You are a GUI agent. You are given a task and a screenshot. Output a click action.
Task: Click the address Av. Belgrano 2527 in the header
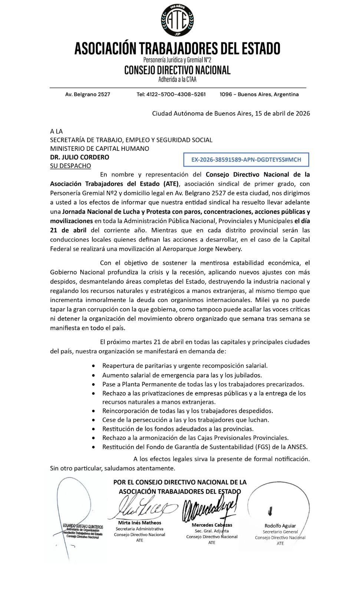pos(87,95)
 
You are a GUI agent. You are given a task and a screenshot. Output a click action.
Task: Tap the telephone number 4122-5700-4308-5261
pos(171,95)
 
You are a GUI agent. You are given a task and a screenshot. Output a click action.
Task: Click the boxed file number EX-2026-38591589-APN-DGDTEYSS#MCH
pos(246,160)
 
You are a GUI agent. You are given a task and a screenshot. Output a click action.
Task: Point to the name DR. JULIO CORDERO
pos(80,157)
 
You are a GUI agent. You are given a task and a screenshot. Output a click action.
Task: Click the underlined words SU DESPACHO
pos(70,166)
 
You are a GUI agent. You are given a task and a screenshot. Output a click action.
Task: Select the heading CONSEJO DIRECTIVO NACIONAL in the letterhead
pos(177,70)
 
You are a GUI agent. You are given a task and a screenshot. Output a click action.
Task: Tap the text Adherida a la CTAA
pos(177,79)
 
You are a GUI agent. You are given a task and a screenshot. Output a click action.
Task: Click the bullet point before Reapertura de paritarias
pos(93,366)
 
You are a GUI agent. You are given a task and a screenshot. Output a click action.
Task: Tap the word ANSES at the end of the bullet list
pos(298,447)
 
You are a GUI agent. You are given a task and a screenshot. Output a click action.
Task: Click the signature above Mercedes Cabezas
pos(208,509)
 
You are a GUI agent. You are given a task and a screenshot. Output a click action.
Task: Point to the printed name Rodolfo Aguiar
pos(280,526)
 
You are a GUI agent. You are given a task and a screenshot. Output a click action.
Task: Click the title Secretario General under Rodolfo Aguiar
pos(280,531)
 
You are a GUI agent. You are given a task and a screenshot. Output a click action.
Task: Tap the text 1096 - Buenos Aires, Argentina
pos(259,95)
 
